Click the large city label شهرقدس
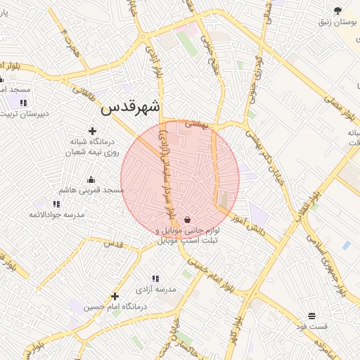pos(131,107)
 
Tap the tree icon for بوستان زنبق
pos(338,11)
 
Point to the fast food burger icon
pos(311,316)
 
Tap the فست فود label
pos(311,327)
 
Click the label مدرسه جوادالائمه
pos(57,214)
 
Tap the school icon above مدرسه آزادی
pos(155,279)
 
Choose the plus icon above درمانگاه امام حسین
pos(115,296)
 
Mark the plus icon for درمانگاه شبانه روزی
pos(91,130)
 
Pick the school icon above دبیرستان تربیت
pos(23,103)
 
